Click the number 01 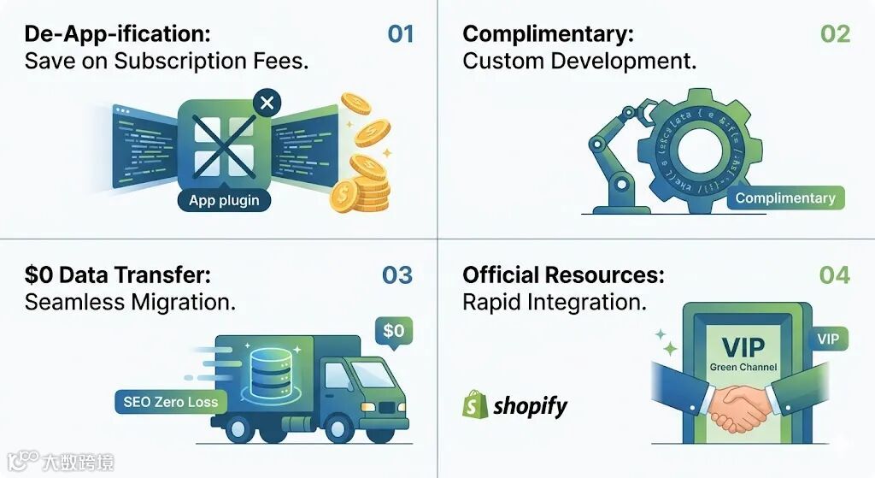click(400, 34)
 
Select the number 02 click(835, 34)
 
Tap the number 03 click(397, 275)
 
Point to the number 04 click(834, 275)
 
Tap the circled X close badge click(267, 103)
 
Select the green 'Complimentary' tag click(785, 198)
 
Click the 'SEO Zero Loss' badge click(170, 402)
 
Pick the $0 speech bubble click(394, 330)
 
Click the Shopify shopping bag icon click(475, 405)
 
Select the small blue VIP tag click(827, 339)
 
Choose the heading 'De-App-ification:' click(117, 34)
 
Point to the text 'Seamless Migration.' click(130, 302)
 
